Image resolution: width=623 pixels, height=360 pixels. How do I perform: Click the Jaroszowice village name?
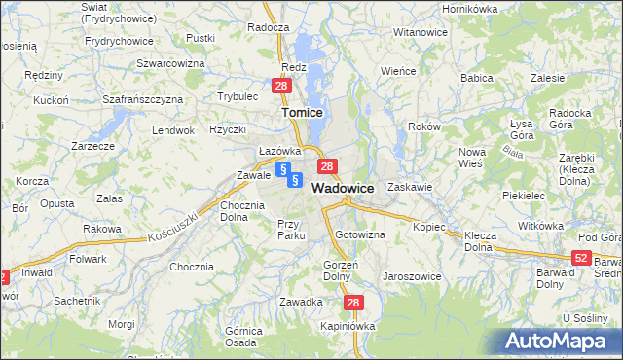coord(412,276)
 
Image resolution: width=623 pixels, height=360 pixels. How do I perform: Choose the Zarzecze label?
coord(93,145)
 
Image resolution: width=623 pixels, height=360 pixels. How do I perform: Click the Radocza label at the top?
coord(269,28)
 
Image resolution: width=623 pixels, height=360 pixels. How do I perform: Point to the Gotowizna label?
coord(360,234)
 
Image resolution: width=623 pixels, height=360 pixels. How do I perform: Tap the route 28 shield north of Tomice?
coord(280,87)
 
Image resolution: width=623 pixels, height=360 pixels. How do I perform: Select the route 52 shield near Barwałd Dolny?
coord(581,257)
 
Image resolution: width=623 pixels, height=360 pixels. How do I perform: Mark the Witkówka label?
coord(541,226)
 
